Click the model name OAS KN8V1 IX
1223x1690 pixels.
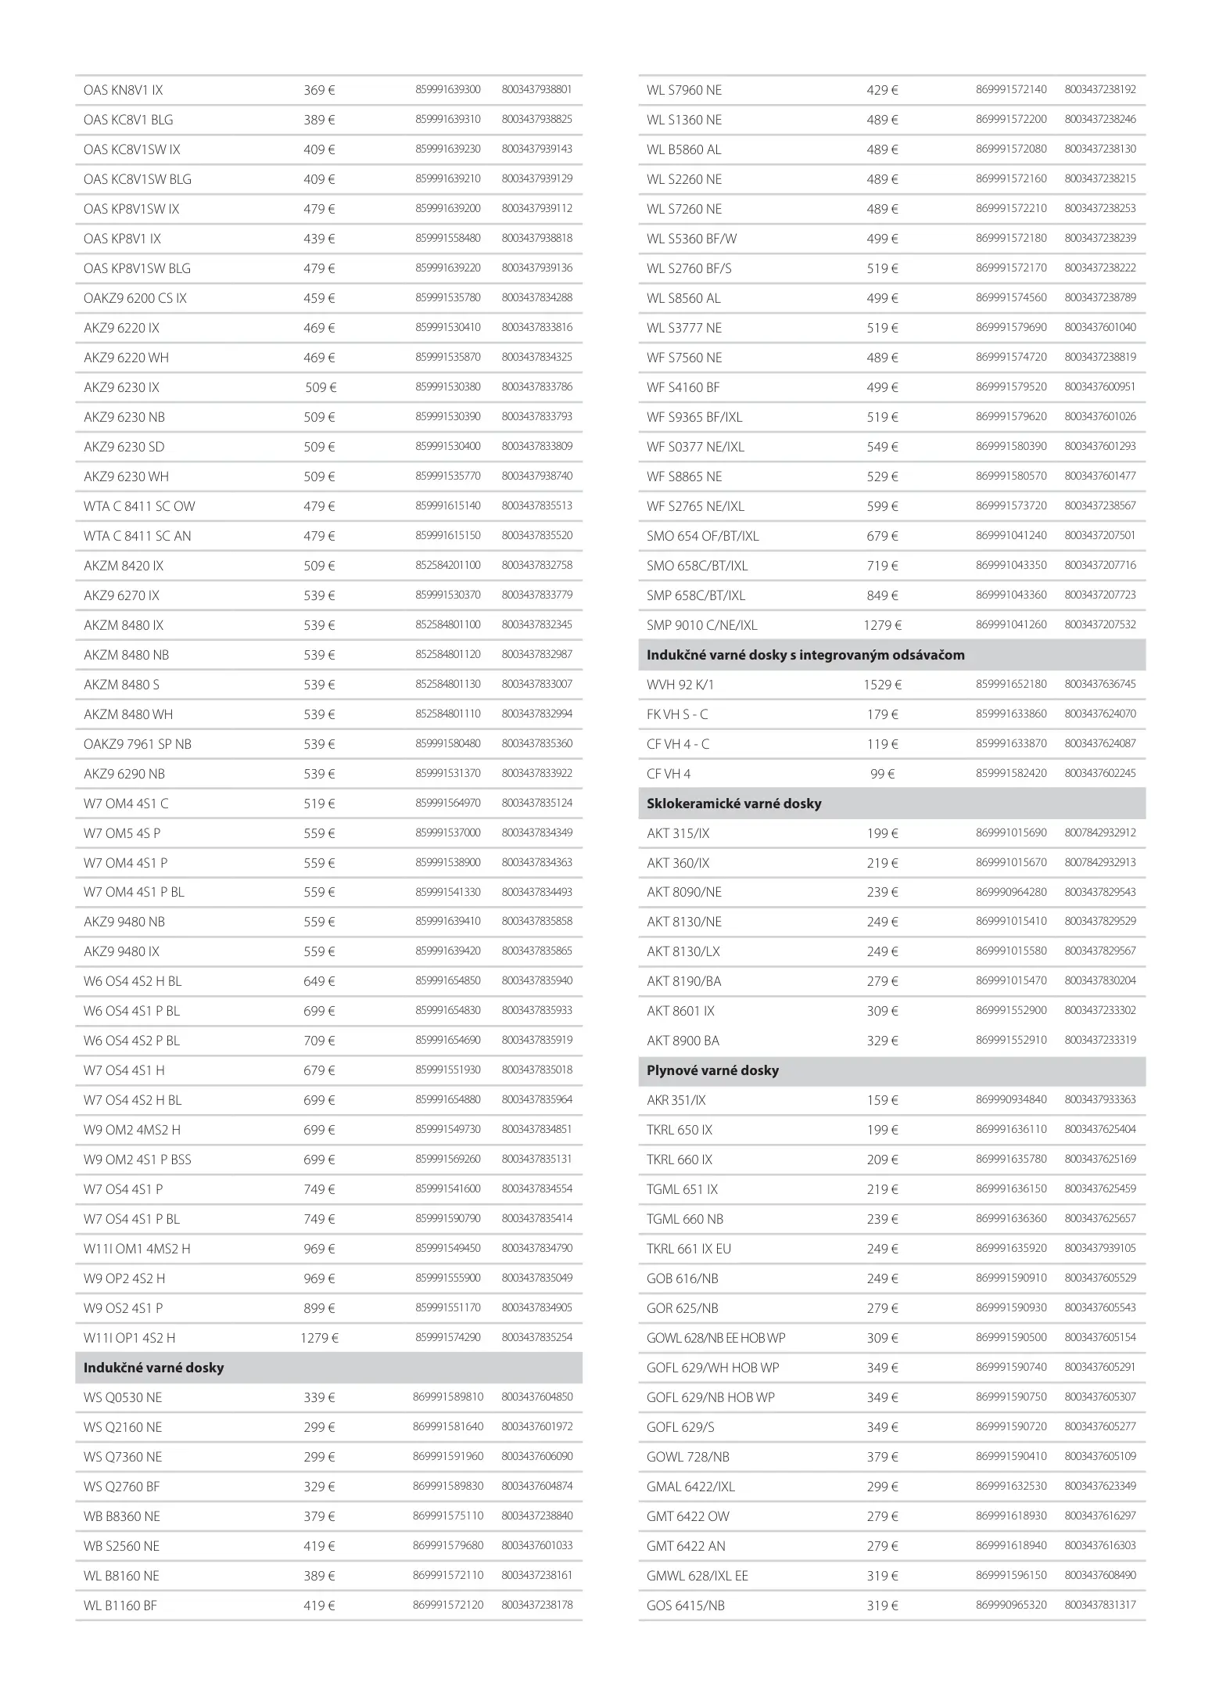click(124, 90)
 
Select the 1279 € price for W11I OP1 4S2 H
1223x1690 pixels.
click(319, 1338)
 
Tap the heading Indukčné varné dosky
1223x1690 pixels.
click(154, 1368)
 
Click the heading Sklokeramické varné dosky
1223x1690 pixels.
click(733, 804)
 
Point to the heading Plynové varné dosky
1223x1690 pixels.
click(712, 1070)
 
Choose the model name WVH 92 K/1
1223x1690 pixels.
click(680, 685)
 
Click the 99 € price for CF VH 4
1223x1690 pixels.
click(882, 774)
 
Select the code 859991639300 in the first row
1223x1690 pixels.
click(448, 90)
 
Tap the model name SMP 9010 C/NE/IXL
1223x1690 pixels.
click(701, 625)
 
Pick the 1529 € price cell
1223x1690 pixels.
click(882, 685)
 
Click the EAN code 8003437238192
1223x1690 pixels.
click(1100, 90)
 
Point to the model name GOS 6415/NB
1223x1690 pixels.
click(686, 1605)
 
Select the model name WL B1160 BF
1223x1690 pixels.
click(120, 1605)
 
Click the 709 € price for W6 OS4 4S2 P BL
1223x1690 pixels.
click(319, 1041)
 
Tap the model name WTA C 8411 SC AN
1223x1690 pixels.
click(138, 536)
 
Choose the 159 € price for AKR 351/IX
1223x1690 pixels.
click(882, 1100)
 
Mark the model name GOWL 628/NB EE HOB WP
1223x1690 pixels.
click(716, 1338)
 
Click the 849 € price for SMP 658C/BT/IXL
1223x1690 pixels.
click(882, 595)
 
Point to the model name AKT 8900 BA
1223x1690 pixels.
click(683, 1041)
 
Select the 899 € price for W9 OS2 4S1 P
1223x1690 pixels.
click(319, 1308)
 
